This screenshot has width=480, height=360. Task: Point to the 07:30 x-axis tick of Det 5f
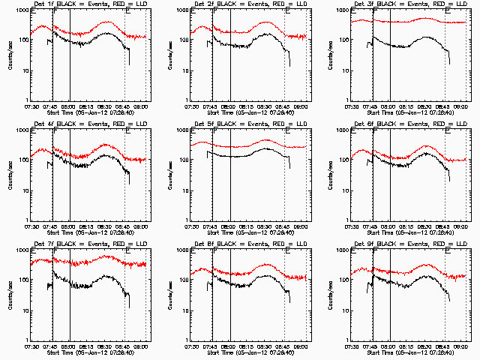pos(193,226)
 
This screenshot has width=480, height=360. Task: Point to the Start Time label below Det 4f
pos(88,232)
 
